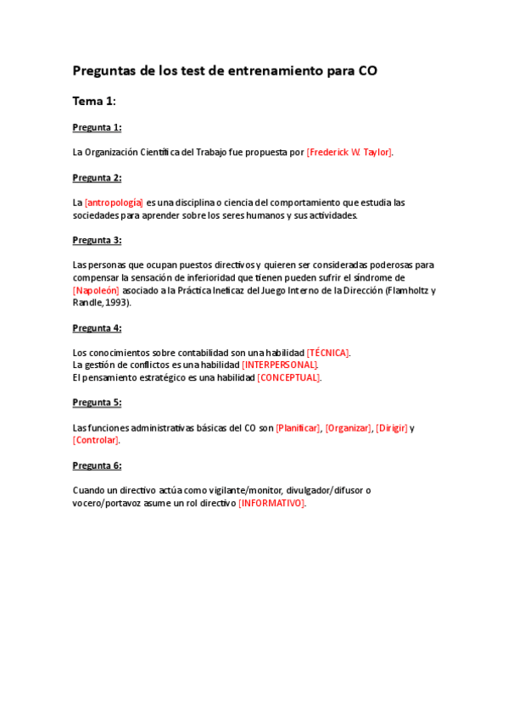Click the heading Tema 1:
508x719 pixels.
(x=93, y=101)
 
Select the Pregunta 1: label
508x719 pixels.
(x=97, y=127)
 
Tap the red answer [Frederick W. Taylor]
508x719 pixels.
(x=349, y=153)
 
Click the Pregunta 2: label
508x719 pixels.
(x=97, y=177)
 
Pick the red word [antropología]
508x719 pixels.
(x=114, y=203)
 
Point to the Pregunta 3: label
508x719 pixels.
(x=97, y=240)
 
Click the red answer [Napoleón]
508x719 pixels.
(x=96, y=290)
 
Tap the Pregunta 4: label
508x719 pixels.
(x=97, y=328)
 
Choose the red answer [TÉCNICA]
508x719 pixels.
(x=328, y=353)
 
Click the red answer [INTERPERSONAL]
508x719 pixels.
(x=280, y=365)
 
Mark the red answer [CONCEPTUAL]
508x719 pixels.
(x=289, y=377)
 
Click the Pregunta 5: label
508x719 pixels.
(x=97, y=403)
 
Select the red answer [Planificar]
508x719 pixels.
(x=299, y=428)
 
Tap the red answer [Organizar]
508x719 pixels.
(x=349, y=428)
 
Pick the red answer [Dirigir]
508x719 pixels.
(x=391, y=428)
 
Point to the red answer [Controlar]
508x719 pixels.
(x=96, y=440)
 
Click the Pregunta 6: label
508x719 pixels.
(x=97, y=465)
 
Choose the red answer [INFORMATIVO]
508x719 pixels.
(x=271, y=503)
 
